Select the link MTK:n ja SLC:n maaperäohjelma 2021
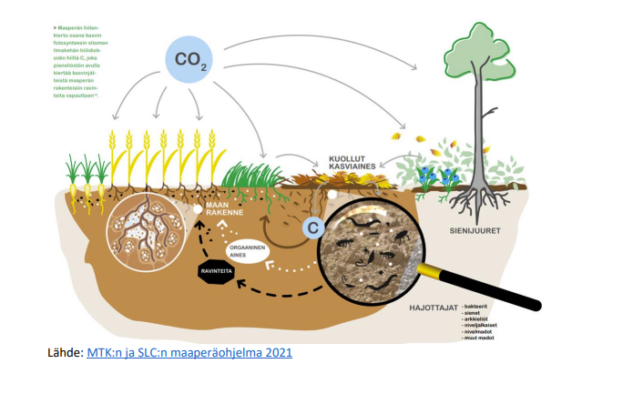[189, 351]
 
